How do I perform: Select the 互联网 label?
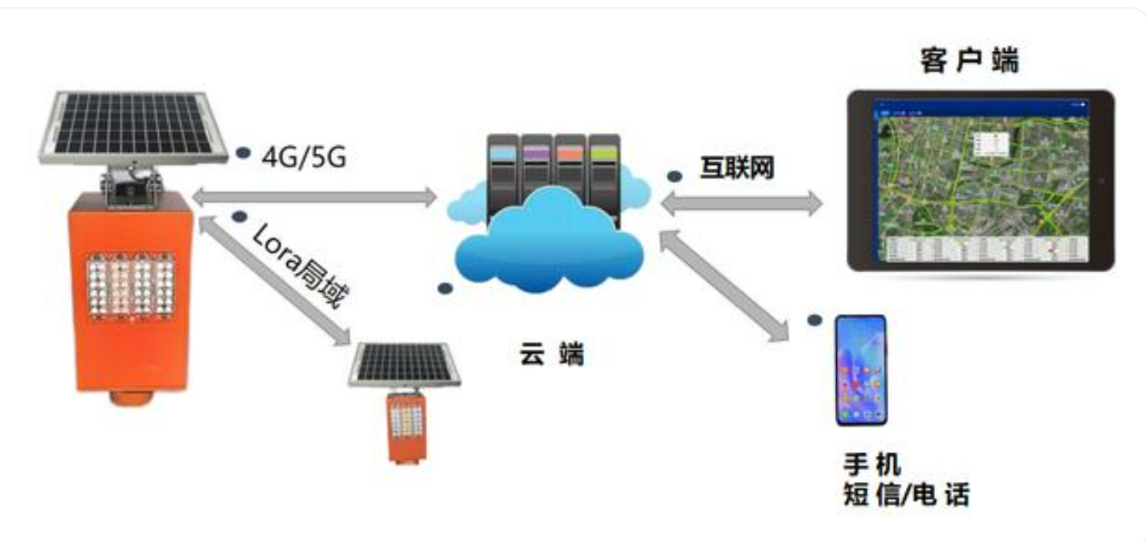tap(737, 167)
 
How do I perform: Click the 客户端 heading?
tap(969, 61)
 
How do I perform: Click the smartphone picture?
tap(861, 370)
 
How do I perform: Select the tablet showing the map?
tap(979, 180)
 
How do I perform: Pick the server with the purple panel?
tap(537, 171)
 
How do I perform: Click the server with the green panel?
tap(604, 171)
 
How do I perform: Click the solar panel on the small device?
tap(405, 364)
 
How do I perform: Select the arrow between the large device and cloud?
tap(314, 197)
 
